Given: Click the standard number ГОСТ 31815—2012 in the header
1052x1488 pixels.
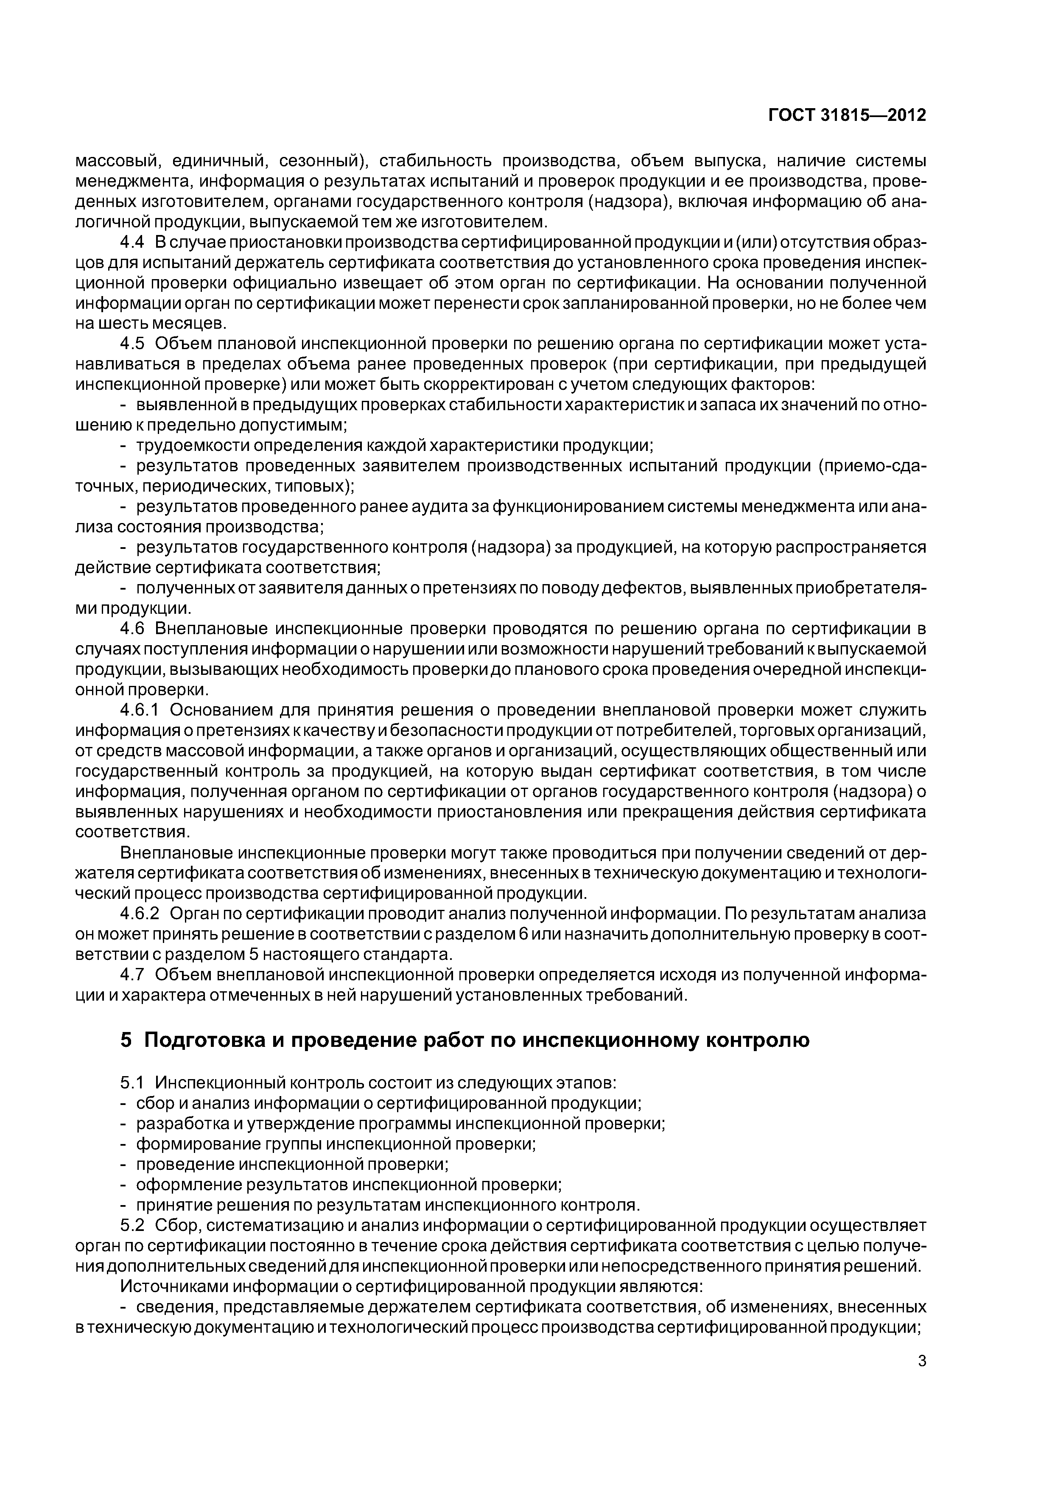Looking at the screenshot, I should coord(847,115).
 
